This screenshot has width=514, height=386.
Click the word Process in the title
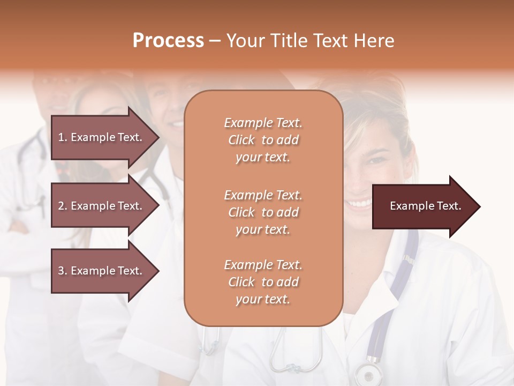[x=168, y=41]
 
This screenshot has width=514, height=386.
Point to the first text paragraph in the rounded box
[x=263, y=140]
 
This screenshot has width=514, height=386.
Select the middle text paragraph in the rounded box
[x=263, y=212]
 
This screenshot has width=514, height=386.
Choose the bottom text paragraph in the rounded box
[x=263, y=282]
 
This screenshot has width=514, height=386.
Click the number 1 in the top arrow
[x=61, y=137]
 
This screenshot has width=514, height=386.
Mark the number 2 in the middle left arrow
[x=61, y=206]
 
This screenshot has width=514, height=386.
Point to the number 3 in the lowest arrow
[x=61, y=271]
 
